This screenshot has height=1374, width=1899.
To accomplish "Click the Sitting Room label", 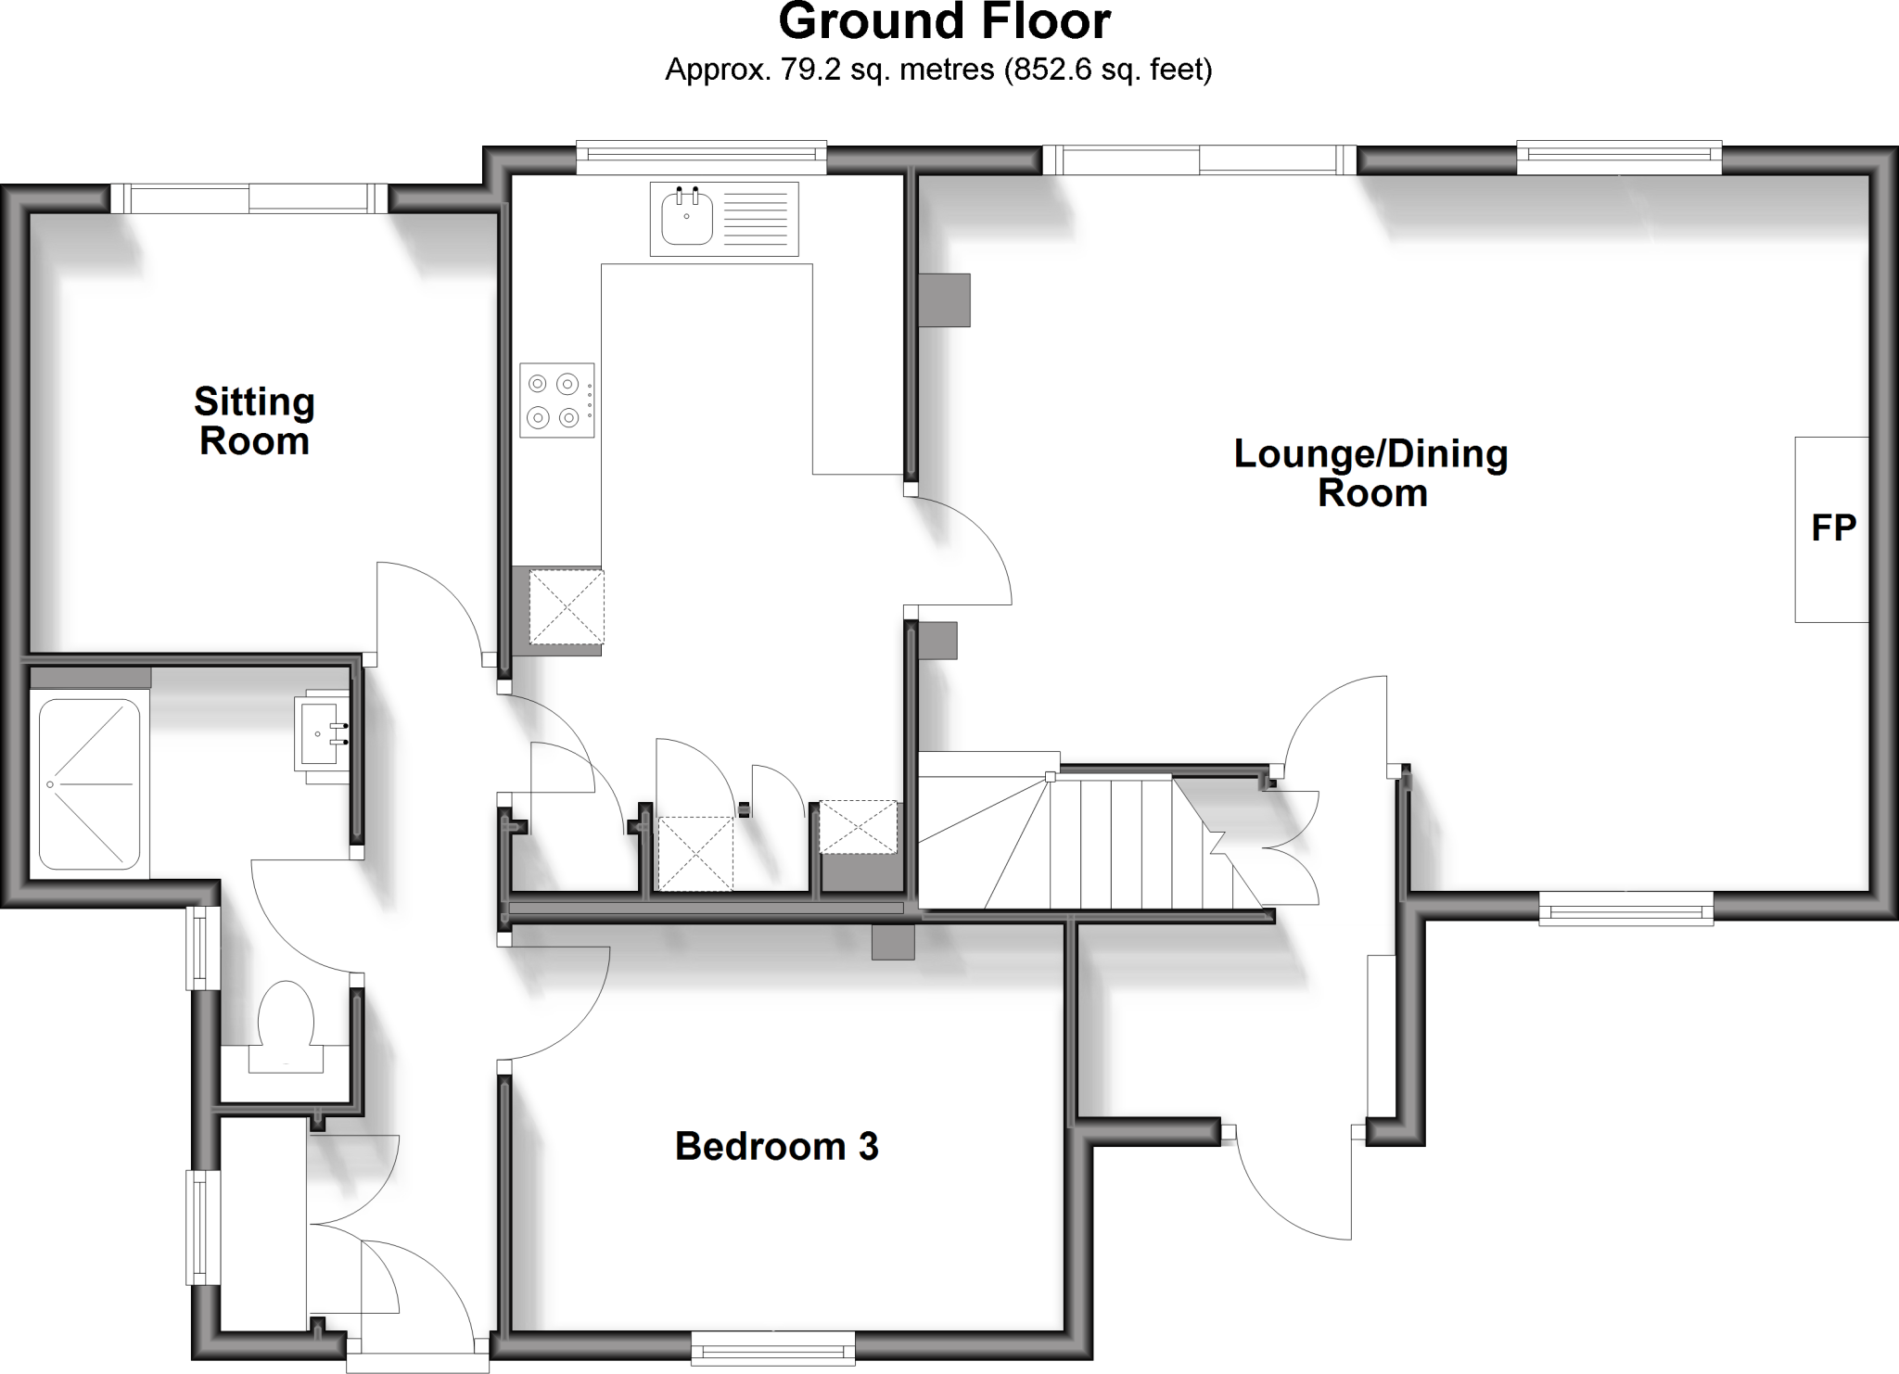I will pyautogui.click(x=254, y=422).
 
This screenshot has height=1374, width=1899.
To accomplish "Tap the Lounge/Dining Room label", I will pyautogui.click(x=1370, y=473).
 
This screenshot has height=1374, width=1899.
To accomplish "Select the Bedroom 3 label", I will pyautogui.click(x=776, y=1147).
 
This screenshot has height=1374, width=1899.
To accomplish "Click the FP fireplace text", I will pyautogui.click(x=1833, y=528).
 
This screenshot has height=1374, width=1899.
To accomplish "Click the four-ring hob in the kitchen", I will pyautogui.click(x=556, y=400).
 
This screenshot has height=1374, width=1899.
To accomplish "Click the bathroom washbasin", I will pyautogui.click(x=321, y=732).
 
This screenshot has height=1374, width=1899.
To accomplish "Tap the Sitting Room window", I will pyautogui.click(x=249, y=198).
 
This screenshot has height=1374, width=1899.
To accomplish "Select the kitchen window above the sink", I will pyautogui.click(x=700, y=157).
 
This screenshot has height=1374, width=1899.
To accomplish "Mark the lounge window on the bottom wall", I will pyautogui.click(x=1625, y=909).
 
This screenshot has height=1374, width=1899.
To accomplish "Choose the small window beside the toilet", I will pyautogui.click(x=202, y=948).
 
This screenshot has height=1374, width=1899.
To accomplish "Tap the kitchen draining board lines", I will pyautogui.click(x=758, y=219).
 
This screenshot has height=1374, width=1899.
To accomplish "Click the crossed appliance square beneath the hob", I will pyautogui.click(x=567, y=606).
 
